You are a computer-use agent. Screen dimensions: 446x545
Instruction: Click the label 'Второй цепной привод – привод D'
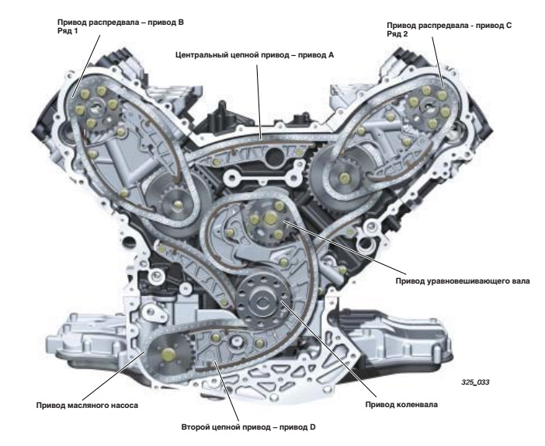click(227, 427)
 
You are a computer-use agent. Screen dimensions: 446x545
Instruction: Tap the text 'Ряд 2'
click(396, 35)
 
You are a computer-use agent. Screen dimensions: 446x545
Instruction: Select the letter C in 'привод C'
click(509, 26)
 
